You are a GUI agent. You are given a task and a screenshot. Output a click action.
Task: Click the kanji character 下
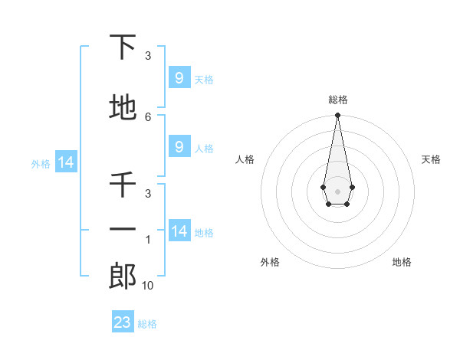(123, 48)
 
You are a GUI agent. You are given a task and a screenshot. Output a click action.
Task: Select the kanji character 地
(123, 108)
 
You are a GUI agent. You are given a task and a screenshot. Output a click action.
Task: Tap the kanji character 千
(123, 185)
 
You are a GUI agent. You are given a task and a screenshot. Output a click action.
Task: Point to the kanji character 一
(123, 228)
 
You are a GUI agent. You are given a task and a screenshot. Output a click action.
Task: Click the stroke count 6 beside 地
(148, 116)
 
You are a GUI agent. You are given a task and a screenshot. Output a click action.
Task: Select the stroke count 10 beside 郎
(148, 286)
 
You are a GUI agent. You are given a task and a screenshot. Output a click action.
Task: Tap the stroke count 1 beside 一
(148, 241)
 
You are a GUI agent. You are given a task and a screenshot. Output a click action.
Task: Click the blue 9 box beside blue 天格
(179, 78)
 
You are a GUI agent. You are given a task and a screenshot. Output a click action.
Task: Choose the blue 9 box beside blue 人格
(179, 147)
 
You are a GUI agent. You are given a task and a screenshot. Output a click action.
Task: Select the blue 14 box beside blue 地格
(179, 231)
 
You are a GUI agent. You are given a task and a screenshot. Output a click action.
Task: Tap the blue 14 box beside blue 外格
(65, 162)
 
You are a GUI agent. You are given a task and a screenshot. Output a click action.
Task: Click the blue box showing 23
(123, 322)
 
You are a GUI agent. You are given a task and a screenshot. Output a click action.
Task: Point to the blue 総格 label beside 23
(147, 324)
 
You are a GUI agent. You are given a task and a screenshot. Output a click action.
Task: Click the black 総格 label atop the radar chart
(337, 100)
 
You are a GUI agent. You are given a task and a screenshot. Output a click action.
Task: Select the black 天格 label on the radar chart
(431, 159)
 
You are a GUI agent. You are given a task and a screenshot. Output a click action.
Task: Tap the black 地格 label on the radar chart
(402, 262)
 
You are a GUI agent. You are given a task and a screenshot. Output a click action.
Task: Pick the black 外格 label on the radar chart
(270, 262)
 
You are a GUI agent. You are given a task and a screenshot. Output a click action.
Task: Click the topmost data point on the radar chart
(337, 116)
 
